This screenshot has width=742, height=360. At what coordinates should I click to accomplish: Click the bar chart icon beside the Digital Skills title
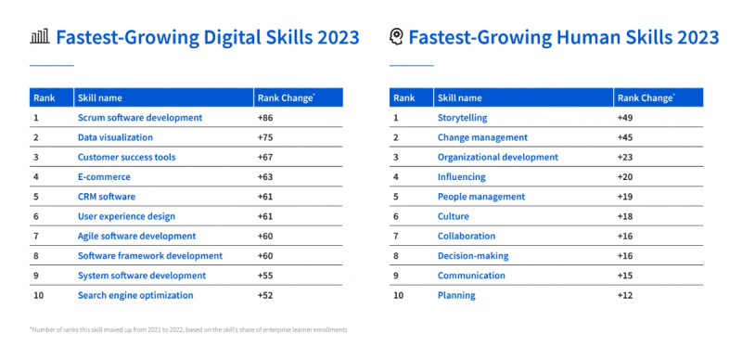(x=39, y=37)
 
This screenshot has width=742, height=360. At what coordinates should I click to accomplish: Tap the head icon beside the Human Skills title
(x=396, y=37)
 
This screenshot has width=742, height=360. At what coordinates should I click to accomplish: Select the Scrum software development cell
(x=139, y=118)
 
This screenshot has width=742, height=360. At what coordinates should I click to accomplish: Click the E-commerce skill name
(x=104, y=176)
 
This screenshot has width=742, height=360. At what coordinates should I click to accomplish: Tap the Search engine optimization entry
(x=135, y=295)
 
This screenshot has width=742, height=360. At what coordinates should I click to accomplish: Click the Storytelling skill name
(x=462, y=118)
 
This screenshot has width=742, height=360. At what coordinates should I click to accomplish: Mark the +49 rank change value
(x=626, y=118)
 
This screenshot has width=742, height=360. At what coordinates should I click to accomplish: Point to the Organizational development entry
(x=497, y=157)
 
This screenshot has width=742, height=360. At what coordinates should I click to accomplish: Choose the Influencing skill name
(x=461, y=176)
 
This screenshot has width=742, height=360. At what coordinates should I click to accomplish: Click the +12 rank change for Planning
(x=626, y=295)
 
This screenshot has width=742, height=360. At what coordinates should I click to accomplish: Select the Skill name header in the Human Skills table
(x=459, y=97)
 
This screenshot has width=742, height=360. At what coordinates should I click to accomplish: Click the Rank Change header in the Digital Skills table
(x=284, y=97)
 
